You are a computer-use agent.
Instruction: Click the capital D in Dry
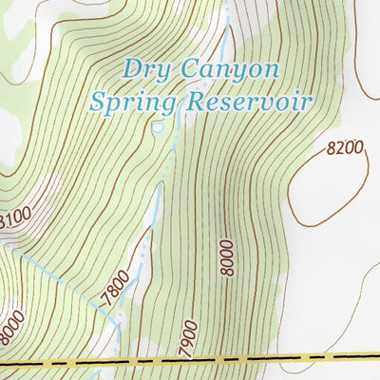(x=131, y=68)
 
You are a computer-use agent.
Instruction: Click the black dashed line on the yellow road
(x=190, y=361)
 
